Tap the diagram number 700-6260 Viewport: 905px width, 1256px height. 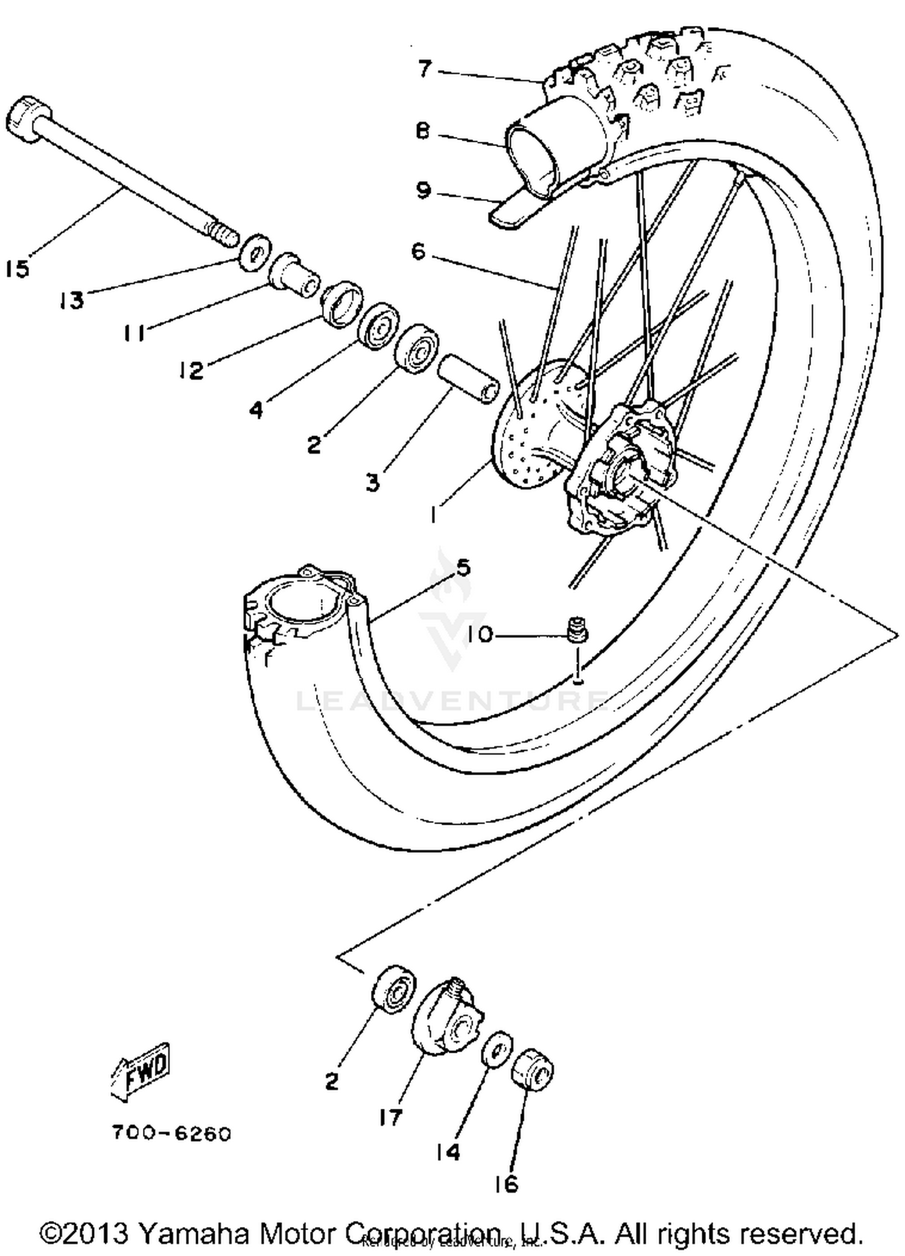click(171, 1134)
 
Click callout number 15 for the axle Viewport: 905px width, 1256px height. click(17, 268)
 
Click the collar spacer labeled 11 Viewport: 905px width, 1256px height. click(294, 275)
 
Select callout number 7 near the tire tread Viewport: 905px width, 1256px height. click(425, 69)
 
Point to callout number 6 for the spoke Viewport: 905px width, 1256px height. click(419, 251)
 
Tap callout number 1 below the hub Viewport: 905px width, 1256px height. click(433, 514)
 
